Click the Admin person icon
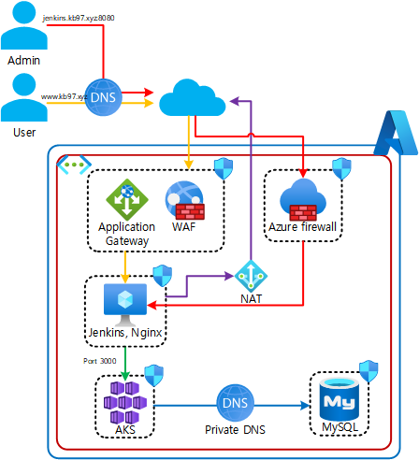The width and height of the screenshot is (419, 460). [24, 25]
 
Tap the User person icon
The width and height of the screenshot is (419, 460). [24, 97]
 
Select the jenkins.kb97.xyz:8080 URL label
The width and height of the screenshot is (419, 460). [79, 18]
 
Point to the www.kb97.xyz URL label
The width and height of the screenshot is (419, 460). [64, 96]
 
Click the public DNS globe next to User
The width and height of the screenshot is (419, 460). [103, 97]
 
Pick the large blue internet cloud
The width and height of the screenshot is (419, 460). [193, 97]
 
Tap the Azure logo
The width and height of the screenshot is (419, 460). [396, 133]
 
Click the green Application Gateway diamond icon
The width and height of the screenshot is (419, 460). [127, 200]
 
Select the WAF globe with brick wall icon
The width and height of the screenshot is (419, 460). [185, 200]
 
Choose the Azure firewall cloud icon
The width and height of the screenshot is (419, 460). [303, 199]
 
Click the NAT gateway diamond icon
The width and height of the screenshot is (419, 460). [251, 276]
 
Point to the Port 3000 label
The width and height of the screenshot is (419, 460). [100, 361]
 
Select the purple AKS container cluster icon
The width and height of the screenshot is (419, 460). [125, 402]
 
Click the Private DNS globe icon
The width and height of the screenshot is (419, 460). [235, 403]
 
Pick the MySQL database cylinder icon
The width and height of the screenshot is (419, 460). [340, 399]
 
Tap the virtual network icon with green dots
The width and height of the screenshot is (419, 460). [74, 165]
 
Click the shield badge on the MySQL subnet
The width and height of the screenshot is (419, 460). [368, 371]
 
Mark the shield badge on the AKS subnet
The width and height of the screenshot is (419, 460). [154, 376]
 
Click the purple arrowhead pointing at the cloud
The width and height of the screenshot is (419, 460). [234, 101]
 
